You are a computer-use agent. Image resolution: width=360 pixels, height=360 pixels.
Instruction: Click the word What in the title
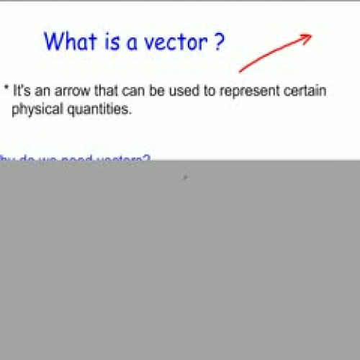coord(67,41)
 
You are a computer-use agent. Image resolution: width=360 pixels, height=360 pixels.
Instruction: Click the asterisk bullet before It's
coord(6,89)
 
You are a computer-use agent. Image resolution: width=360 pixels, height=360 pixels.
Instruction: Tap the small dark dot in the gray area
coord(185,177)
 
